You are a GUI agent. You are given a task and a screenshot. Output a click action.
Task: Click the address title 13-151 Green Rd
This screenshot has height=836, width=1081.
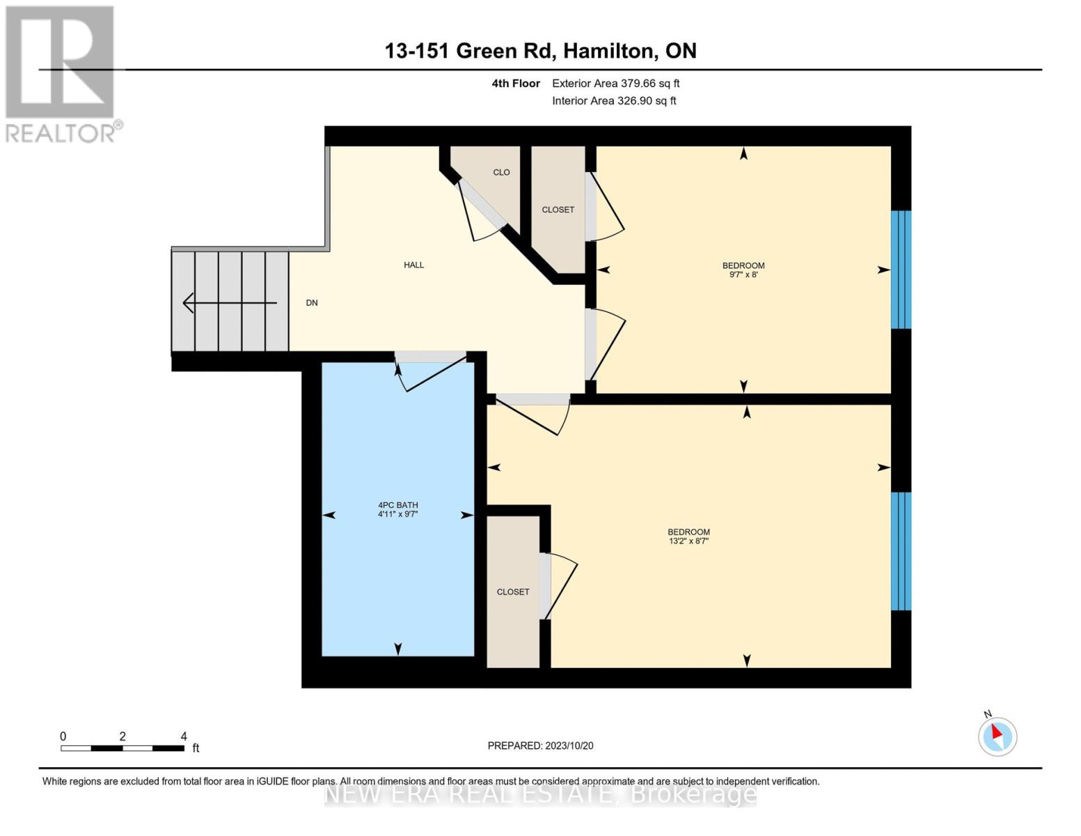pos(540,51)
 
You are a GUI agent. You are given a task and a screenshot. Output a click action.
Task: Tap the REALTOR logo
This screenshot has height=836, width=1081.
pos(61,73)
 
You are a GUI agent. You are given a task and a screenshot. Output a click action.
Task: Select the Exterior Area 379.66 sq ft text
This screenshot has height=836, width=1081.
pos(615,84)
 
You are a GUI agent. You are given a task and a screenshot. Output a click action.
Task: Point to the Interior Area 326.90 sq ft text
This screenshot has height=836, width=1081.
pos(614,101)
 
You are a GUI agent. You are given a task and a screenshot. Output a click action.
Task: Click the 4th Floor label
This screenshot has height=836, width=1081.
pos(515,84)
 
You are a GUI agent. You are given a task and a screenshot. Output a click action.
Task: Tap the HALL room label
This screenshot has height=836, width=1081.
pos(413,265)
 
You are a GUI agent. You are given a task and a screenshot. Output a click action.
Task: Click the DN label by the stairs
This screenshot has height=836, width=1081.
pos(312,303)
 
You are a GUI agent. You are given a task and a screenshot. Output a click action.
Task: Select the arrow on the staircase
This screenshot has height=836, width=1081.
pos(229,303)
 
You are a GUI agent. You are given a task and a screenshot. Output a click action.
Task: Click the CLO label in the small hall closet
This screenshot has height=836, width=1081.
pos(501,172)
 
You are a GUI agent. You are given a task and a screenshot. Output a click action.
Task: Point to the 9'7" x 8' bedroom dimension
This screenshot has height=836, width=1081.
pos(743,275)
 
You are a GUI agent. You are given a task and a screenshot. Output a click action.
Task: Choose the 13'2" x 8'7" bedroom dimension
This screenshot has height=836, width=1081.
pos(688,541)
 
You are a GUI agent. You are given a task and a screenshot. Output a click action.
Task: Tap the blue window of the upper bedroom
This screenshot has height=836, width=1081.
pos(901,270)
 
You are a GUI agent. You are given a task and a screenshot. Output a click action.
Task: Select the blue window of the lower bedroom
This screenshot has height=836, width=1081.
pos(901,551)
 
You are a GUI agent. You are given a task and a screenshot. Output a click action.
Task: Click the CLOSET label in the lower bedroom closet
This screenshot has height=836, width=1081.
pos(513,592)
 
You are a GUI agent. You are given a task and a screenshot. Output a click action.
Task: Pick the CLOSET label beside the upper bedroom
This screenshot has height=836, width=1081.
pos(558,210)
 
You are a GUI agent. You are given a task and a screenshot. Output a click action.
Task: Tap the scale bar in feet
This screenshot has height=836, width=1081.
pos(123,748)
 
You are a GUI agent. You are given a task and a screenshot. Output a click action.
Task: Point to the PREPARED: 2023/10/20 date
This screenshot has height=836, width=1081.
pos(540,746)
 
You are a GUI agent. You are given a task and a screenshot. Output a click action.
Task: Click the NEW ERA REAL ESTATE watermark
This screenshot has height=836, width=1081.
pos(540,794)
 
